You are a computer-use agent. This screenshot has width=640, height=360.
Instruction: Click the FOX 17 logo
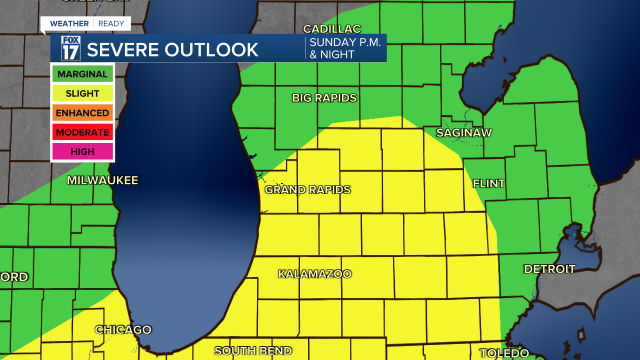coord(70,48)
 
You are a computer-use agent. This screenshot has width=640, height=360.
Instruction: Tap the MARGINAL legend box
coord(82,74)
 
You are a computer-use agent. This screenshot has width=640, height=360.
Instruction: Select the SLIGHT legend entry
coord(82,93)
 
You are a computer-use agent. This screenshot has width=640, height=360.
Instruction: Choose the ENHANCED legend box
coord(82,113)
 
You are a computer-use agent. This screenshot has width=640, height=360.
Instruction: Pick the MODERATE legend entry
coord(82,132)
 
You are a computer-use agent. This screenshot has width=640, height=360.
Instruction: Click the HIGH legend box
coord(82,151)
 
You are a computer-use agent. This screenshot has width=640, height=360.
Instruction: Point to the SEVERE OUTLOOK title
coord(172,49)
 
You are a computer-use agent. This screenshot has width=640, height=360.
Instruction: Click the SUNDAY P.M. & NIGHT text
coord(345,48)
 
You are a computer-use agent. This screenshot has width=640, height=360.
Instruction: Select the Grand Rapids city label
coord(307,190)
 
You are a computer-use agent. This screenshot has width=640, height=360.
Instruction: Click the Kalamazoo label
coord(315,274)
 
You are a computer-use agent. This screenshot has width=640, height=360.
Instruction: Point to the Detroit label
coord(549,269)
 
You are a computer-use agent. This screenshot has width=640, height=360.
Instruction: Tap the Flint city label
coord(489,183)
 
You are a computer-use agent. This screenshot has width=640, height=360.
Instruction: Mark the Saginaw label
coord(464,133)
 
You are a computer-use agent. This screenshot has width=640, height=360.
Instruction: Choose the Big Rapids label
coord(324,98)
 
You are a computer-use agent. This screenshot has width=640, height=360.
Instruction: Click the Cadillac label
coord(332,29)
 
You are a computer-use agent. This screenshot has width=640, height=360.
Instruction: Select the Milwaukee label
coord(102,180)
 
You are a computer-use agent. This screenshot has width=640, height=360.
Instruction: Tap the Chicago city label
coord(123,330)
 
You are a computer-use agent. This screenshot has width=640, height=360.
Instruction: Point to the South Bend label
coord(253,351)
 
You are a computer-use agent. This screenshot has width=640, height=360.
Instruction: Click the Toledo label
coord(504,353)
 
